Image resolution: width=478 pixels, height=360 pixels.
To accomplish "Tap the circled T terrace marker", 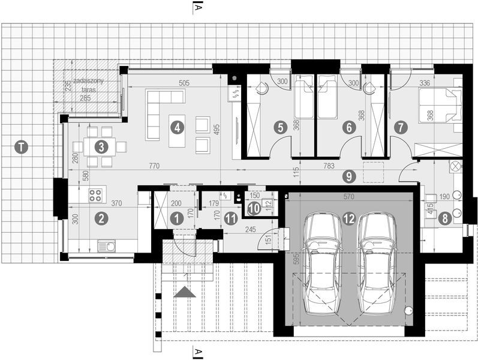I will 22,146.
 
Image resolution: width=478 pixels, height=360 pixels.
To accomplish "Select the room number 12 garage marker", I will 349,218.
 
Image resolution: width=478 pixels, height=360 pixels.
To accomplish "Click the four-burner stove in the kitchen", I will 95,194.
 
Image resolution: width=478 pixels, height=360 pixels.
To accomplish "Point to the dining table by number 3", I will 101,146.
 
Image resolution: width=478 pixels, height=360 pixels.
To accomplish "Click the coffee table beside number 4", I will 176,131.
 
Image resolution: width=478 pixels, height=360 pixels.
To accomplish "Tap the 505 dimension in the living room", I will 184,83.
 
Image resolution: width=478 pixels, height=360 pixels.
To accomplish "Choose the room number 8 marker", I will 444,219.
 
